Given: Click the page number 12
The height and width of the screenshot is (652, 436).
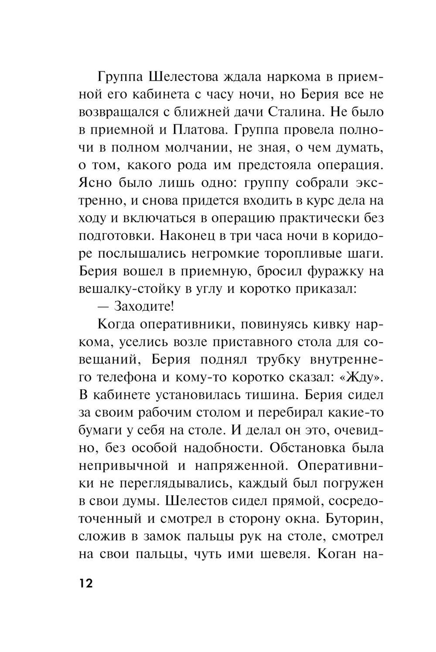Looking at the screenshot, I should tap(86, 584).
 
